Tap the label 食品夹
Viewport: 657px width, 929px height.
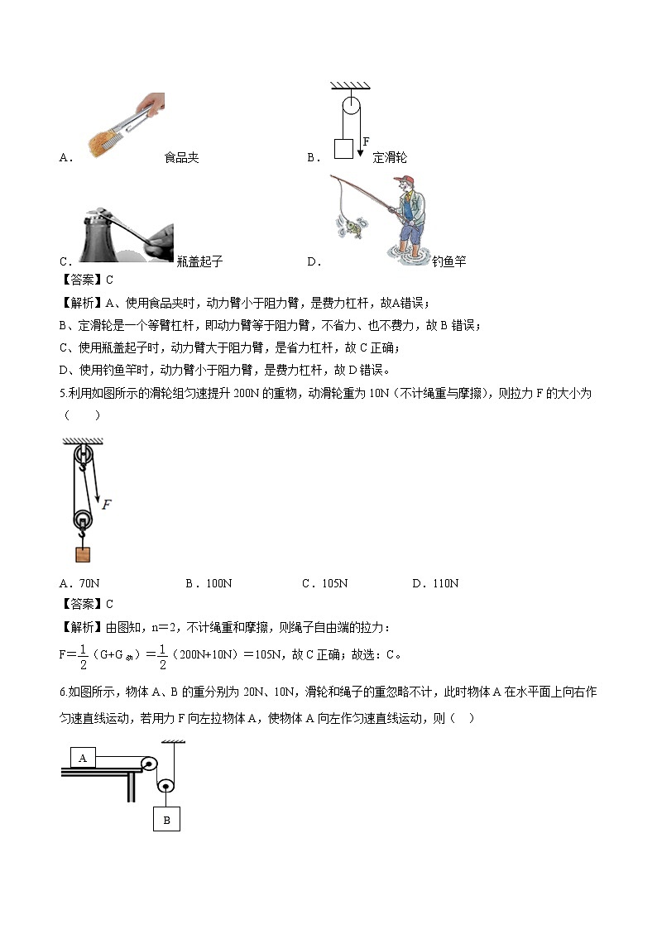[x=182, y=157]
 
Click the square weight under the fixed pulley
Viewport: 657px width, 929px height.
[x=343, y=149]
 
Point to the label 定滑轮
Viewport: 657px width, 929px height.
[x=390, y=157]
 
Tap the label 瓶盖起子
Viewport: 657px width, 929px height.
[x=199, y=261]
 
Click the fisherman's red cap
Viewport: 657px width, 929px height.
[x=402, y=180]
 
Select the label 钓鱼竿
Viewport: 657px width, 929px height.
[x=449, y=261]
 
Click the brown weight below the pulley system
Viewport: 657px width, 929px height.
[x=83, y=554]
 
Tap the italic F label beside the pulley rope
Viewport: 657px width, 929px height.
[x=107, y=502]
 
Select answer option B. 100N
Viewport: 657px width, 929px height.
[x=209, y=583]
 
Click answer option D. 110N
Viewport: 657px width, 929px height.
[x=435, y=583]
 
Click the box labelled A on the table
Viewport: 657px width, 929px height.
[x=84, y=756]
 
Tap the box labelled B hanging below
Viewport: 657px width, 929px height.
[x=166, y=820]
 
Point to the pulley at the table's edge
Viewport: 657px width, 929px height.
[x=149, y=765]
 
